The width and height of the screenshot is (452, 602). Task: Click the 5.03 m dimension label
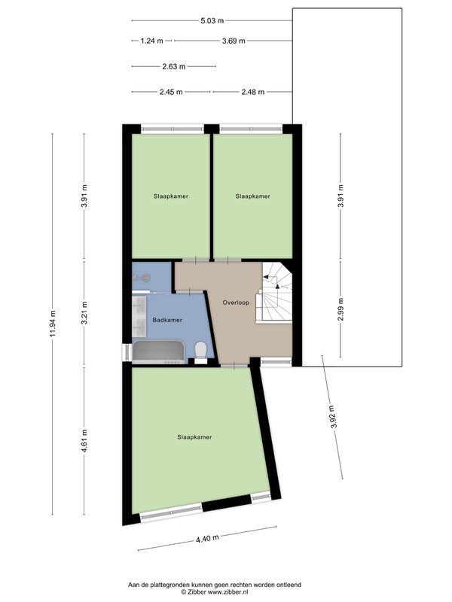click(212, 21)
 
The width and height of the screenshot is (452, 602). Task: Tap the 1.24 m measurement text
click(151, 41)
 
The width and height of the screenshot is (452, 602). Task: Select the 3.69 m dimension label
click(234, 41)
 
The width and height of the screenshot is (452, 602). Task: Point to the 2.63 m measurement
click(174, 66)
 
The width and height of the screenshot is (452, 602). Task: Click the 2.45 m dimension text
click(171, 92)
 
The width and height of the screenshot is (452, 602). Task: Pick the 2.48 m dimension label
click(253, 92)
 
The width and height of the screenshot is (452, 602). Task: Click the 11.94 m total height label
click(53, 324)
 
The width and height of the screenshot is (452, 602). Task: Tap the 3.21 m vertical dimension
click(84, 312)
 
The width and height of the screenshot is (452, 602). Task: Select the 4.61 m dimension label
click(84, 440)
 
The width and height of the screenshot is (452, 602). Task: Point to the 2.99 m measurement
click(341, 309)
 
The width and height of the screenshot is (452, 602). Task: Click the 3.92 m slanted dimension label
click(333, 417)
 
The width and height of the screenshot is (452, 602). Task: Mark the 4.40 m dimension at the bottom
click(207, 538)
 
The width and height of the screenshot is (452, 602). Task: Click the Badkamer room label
click(167, 320)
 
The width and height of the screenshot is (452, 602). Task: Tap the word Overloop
click(236, 303)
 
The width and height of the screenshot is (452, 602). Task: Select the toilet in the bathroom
click(200, 352)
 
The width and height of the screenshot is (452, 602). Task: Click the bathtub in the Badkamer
click(158, 351)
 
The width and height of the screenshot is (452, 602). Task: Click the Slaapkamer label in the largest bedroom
click(194, 437)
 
